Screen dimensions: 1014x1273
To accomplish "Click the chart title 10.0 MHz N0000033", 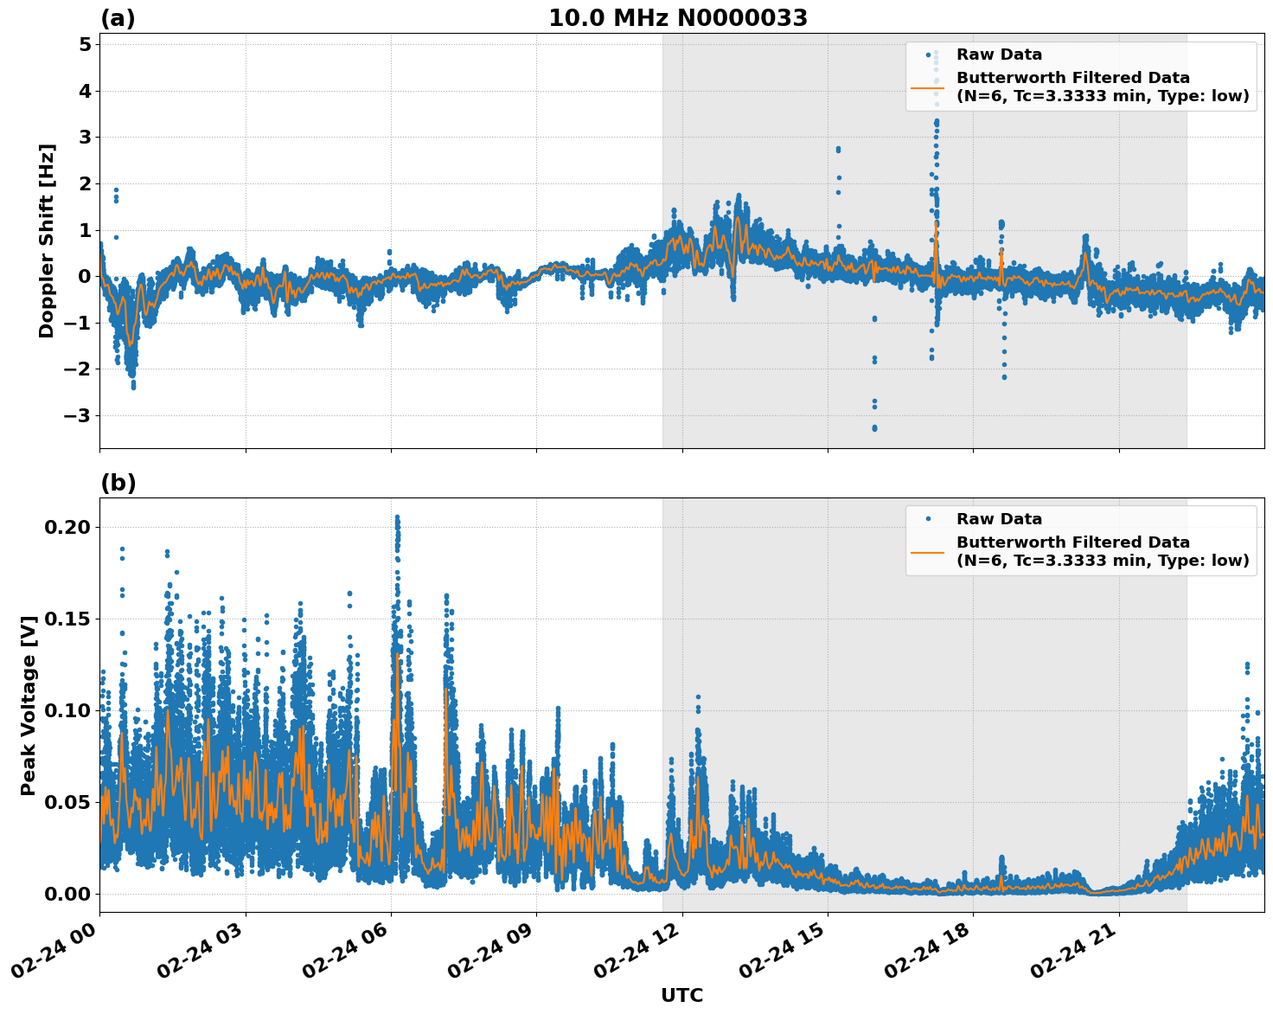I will click(x=677, y=18).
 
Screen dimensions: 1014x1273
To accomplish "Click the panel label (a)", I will click(x=118, y=18).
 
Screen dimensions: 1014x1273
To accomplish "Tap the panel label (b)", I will click(x=118, y=483).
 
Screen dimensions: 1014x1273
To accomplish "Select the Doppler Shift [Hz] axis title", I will click(x=47, y=241).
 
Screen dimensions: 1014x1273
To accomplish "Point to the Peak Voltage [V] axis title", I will click(x=29, y=705).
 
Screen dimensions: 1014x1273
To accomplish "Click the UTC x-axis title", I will click(x=681, y=995).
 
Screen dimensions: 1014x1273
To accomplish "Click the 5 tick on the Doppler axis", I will click(x=85, y=44).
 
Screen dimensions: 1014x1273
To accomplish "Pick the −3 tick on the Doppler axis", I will click(x=78, y=415).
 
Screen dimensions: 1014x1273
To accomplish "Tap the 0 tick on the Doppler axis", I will click(x=85, y=276).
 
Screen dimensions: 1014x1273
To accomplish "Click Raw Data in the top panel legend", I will click(x=999, y=55).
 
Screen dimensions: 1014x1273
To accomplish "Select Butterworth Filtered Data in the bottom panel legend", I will click(x=1072, y=542).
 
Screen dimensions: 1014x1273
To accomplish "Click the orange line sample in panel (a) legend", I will click(x=928, y=87).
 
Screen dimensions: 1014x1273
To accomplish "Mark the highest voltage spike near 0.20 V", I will click(x=397, y=517).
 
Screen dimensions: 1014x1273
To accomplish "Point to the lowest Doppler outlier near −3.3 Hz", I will click(x=874, y=428).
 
